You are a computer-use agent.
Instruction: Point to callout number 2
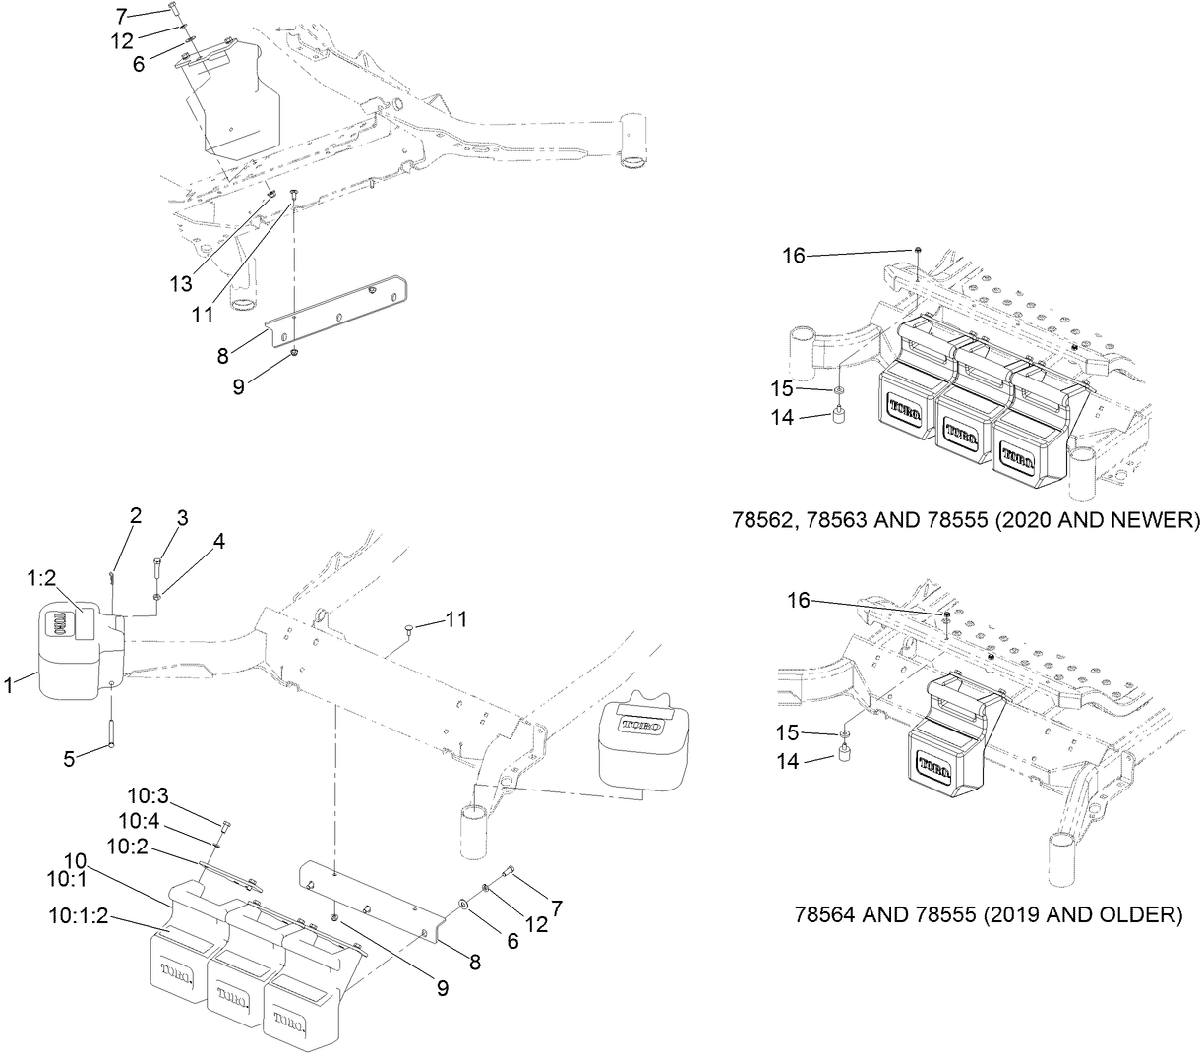pyautogui.click(x=136, y=515)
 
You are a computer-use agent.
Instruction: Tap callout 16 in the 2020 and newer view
pyautogui.click(x=793, y=256)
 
